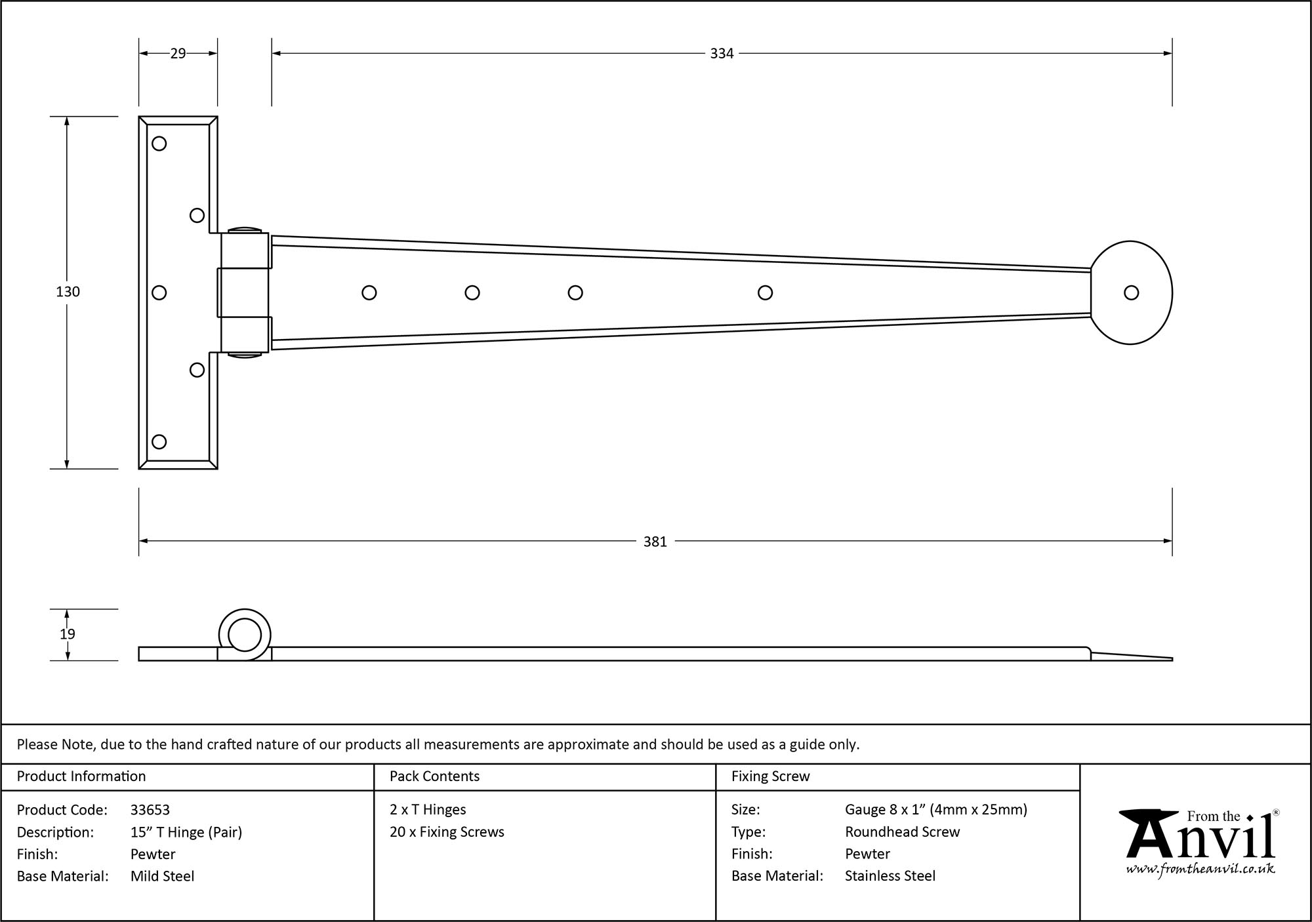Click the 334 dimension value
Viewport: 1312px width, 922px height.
tap(721, 54)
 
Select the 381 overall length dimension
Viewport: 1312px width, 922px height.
tap(655, 542)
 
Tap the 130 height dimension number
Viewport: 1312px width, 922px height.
tap(68, 292)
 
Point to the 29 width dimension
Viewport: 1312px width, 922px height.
tap(178, 54)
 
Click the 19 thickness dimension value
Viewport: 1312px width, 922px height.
tap(68, 634)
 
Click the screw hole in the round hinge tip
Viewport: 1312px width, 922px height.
tap(1131, 292)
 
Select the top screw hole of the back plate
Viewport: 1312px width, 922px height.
tap(159, 144)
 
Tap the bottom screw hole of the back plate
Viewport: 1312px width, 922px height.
tap(159, 441)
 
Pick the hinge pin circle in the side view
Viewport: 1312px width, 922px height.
tap(244, 634)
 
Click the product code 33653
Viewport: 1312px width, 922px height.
tap(150, 810)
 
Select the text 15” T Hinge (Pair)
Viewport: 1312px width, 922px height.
tap(186, 832)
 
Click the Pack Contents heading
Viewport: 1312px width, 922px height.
tap(434, 776)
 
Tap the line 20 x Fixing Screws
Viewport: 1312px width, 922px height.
tap(447, 832)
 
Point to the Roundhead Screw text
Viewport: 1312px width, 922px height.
tap(902, 832)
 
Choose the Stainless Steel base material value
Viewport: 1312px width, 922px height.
tap(890, 876)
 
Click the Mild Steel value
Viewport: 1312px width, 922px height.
tap(162, 876)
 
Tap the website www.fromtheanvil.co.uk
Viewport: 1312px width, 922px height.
tap(1200, 869)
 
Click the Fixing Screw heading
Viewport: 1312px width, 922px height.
tap(770, 776)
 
